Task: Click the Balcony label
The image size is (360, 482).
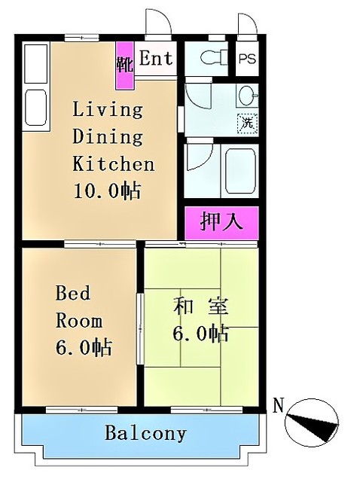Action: (x=145, y=434)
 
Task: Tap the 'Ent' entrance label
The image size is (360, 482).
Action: (x=155, y=59)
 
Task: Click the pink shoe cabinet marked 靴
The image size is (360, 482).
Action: (x=124, y=64)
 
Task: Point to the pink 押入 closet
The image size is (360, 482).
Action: (x=221, y=222)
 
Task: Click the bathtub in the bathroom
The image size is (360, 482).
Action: (x=242, y=169)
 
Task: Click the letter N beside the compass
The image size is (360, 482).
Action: (x=278, y=407)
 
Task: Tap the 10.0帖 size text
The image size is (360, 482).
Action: (x=106, y=191)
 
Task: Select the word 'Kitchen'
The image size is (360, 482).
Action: (x=113, y=163)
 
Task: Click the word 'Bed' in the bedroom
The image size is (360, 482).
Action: (x=73, y=294)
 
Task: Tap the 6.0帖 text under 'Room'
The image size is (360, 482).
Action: (x=84, y=347)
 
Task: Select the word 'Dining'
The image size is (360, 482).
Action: (x=108, y=137)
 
